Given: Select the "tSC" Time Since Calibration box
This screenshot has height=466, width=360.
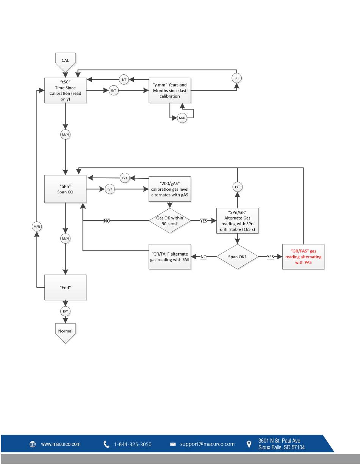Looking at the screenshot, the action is [x=65, y=90].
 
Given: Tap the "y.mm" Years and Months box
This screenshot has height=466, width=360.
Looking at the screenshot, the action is [x=170, y=90].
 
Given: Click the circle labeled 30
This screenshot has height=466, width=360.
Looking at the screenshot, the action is [x=236, y=78].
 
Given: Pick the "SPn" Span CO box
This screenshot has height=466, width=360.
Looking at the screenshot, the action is [x=65, y=189].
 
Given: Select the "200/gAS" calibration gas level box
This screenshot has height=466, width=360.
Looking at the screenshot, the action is [x=170, y=189].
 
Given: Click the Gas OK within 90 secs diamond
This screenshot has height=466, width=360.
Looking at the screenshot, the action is [x=170, y=221].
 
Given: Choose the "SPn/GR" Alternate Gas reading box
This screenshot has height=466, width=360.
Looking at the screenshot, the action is [x=238, y=221].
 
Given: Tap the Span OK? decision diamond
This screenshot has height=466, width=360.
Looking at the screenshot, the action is [x=238, y=257].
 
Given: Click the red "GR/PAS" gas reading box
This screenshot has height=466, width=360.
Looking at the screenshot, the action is [x=304, y=257].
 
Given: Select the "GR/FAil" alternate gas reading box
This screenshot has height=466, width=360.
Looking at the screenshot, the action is [x=170, y=257].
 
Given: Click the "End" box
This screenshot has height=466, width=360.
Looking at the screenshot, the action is [x=65, y=287].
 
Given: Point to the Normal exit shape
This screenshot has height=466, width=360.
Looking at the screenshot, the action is [x=65, y=333].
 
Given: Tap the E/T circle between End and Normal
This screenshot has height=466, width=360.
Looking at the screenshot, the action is [x=65, y=311].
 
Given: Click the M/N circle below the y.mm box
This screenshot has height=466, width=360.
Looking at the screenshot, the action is [x=182, y=118].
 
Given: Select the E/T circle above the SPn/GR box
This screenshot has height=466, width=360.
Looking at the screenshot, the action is [x=238, y=187].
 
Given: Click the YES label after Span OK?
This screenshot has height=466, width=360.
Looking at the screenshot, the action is [x=270, y=257].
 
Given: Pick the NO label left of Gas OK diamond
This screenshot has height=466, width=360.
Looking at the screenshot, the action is [x=107, y=221].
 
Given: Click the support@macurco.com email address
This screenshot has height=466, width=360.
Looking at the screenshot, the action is [x=207, y=444].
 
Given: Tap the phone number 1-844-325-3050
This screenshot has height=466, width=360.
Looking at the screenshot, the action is [x=133, y=444].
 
